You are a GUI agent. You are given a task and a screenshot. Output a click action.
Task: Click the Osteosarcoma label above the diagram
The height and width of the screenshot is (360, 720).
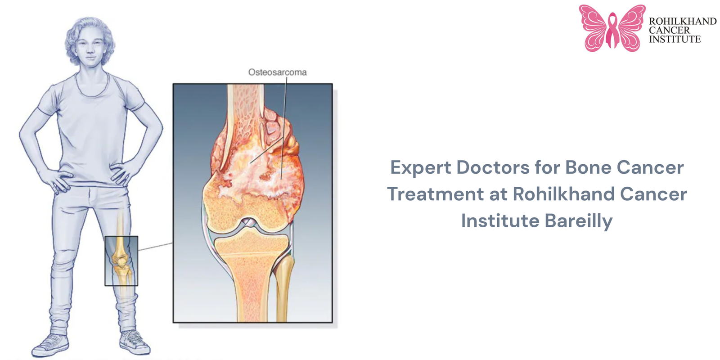click(x=277, y=72)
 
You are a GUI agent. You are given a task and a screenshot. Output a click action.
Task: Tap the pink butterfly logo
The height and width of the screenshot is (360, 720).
click(x=612, y=28)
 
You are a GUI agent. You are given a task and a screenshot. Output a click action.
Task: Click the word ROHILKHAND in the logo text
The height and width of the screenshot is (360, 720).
click(x=682, y=21)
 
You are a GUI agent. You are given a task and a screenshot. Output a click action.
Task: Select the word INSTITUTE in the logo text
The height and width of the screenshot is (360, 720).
click(x=675, y=40)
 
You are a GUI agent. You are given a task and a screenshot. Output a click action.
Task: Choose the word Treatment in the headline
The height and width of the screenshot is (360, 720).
click(x=435, y=194)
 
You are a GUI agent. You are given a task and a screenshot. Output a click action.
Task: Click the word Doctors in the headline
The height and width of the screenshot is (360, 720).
click(x=493, y=167)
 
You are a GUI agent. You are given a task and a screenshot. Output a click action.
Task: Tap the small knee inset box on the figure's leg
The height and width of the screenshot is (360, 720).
click(x=121, y=261)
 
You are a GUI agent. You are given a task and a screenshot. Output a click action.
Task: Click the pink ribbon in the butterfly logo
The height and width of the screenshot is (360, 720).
click(x=612, y=30)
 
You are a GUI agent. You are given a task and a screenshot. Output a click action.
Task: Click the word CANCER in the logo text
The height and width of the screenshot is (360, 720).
click(x=669, y=30)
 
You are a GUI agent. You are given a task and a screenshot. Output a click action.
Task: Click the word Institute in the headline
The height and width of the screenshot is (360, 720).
click(x=499, y=221)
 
